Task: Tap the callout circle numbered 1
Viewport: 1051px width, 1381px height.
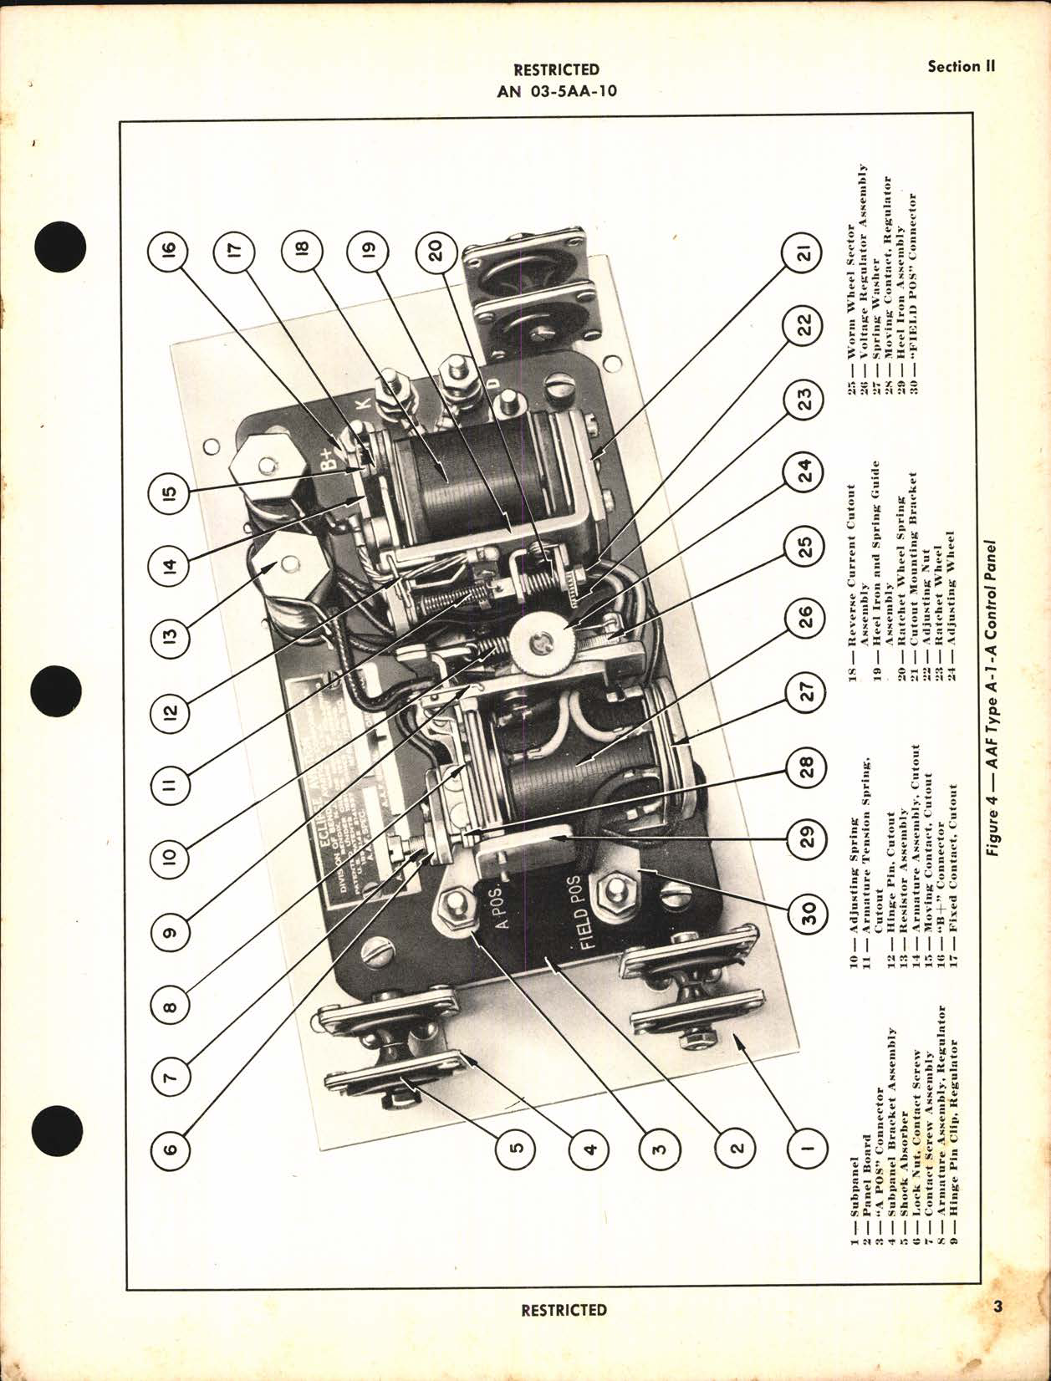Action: [x=806, y=1148]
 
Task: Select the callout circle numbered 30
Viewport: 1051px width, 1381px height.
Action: [x=806, y=916]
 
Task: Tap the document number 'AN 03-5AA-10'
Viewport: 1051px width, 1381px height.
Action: [x=557, y=91]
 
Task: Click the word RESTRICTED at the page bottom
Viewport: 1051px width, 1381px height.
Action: [x=564, y=1310]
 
